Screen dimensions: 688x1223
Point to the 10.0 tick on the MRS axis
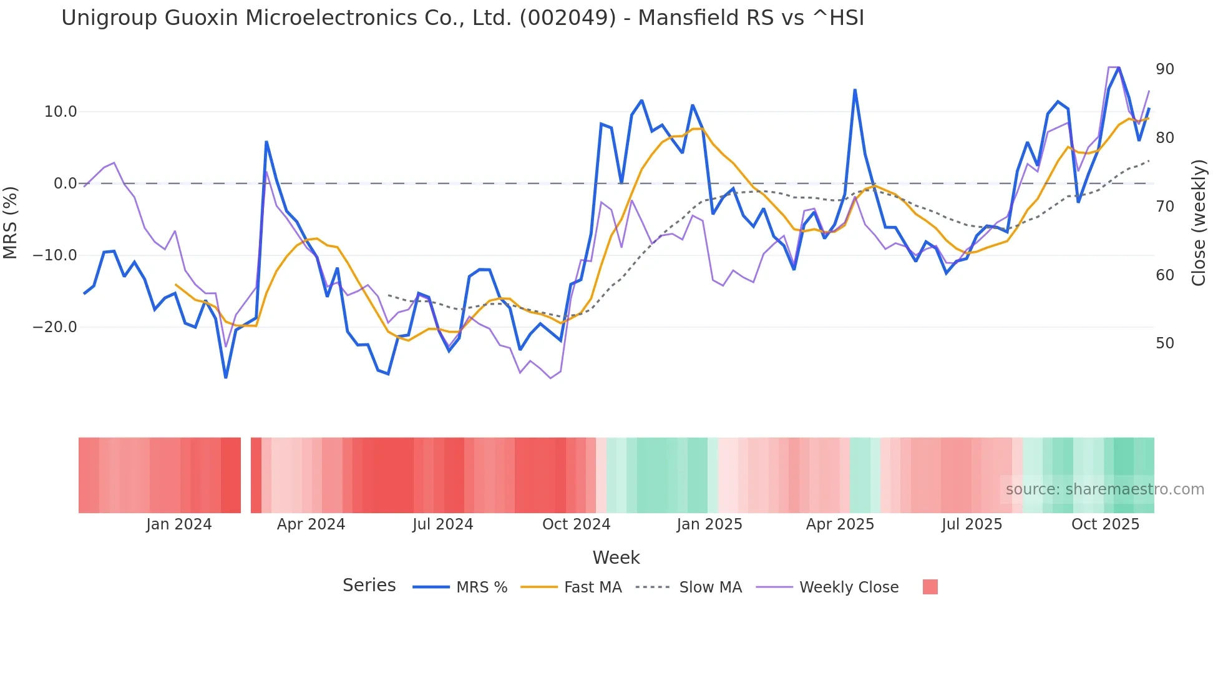point(61,112)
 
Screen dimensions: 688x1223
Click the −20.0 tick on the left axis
point(55,327)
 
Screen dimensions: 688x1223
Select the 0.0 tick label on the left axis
point(65,184)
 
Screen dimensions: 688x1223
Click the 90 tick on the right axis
point(1164,69)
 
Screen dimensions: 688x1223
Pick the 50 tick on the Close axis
point(1164,343)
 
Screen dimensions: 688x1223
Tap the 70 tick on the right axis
point(1164,207)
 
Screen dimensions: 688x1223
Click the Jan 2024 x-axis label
point(179,524)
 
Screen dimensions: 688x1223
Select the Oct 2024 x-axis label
point(576,524)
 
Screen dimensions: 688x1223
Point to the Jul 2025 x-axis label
point(972,524)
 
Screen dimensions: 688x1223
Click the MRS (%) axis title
point(11,223)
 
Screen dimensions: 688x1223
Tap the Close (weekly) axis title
point(1198,223)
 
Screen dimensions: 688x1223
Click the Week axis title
point(616,558)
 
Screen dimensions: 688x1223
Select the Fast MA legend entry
point(592,587)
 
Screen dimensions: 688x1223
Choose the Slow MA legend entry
point(710,587)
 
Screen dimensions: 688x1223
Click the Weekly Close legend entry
point(849,587)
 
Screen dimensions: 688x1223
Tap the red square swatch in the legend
point(930,587)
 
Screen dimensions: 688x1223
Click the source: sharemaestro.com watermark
point(1104,489)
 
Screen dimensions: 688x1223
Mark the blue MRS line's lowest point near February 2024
point(226,377)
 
